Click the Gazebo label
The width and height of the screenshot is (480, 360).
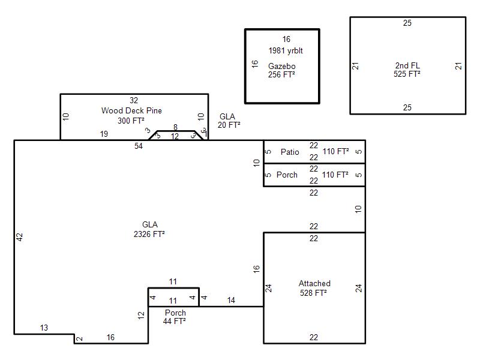click(281, 66)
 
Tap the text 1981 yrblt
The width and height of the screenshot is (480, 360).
click(286, 50)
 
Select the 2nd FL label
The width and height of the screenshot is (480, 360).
click(407, 65)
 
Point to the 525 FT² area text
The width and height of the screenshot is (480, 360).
click(407, 74)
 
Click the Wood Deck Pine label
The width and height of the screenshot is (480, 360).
click(131, 110)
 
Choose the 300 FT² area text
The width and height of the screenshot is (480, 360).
click(131, 121)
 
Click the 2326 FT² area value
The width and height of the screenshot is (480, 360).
click(149, 234)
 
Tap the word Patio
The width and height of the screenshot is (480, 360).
click(290, 152)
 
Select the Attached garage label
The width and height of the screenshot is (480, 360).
click(314, 283)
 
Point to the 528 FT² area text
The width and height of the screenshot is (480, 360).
click(313, 293)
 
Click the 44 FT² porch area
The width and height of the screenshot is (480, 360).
click(174, 321)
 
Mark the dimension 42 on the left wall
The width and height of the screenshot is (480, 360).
click(20, 237)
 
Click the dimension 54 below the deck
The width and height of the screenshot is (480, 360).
click(139, 146)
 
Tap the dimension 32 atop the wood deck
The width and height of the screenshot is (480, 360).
click(134, 100)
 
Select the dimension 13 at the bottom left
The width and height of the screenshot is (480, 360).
click(44, 328)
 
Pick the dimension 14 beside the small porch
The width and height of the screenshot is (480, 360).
click(231, 301)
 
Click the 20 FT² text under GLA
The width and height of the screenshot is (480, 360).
click(229, 125)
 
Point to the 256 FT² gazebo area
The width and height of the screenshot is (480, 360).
click(281, 74)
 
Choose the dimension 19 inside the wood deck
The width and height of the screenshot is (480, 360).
click(104, 134)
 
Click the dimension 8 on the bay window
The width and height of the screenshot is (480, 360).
click(175, 127)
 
